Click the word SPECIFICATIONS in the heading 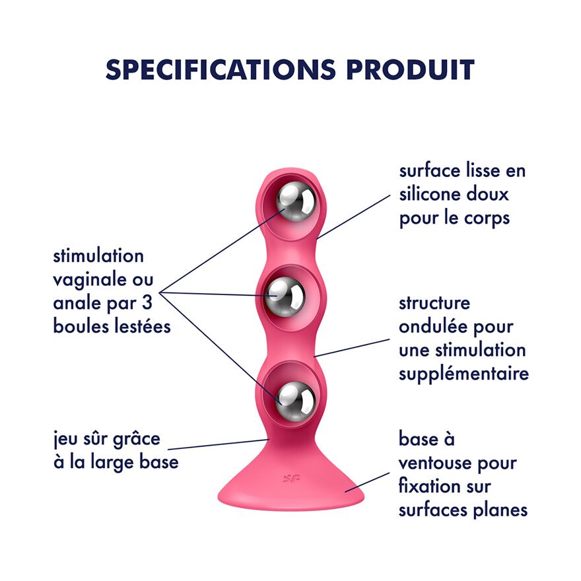221,69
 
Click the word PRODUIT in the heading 411,69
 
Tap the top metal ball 296,202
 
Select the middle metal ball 285,297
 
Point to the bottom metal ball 295,401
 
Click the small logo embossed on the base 291,479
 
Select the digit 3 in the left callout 147,303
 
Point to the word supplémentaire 464,374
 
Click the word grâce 136,440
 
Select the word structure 434,303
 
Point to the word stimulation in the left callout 98,256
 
